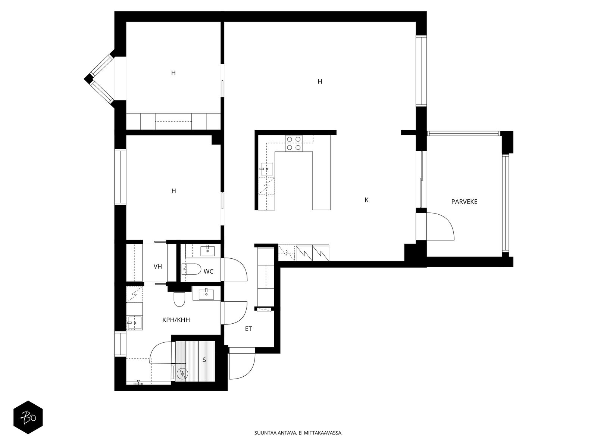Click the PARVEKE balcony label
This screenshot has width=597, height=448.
pos(464,202)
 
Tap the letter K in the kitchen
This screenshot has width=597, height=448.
pos(366,200)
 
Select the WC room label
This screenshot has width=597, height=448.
pos(208,271)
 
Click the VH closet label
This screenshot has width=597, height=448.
pos(158,266)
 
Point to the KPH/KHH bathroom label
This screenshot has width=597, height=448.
pos(176,320)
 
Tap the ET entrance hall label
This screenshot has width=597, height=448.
pos(249,329)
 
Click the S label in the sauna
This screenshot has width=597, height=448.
pos(204,360)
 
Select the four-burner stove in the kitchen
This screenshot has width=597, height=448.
pos(294,143)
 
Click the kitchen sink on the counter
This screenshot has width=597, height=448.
pos(266,169)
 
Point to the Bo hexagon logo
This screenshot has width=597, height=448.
pos(28,417)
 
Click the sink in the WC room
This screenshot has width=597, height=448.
pos(207,251)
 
